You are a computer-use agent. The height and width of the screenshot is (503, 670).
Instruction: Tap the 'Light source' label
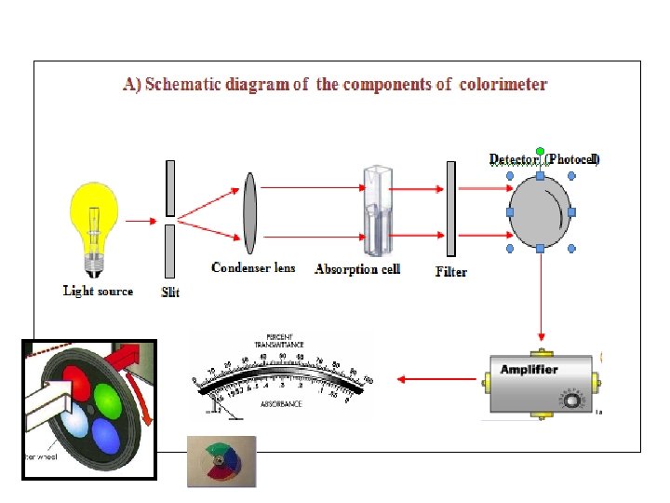(98, 291)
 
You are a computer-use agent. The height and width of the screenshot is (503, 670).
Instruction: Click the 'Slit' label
(170, 292)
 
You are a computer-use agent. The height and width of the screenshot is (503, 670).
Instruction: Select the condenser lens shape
(249, 213)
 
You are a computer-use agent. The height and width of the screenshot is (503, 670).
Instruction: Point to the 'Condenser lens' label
(253, 268)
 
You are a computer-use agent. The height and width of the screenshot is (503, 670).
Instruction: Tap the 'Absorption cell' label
(357, 269)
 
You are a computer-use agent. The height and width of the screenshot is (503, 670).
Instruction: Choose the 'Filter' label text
(451, 272)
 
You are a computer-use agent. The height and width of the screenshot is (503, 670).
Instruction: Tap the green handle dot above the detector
(541, 151)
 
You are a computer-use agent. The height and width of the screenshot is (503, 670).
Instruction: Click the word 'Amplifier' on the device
(529, 370)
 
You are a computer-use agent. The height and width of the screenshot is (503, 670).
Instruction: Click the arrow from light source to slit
(141, 222)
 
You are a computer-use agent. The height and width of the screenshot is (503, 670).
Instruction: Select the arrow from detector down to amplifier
(541, 298)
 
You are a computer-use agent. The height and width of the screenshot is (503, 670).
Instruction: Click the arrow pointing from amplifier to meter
(433, 379)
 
